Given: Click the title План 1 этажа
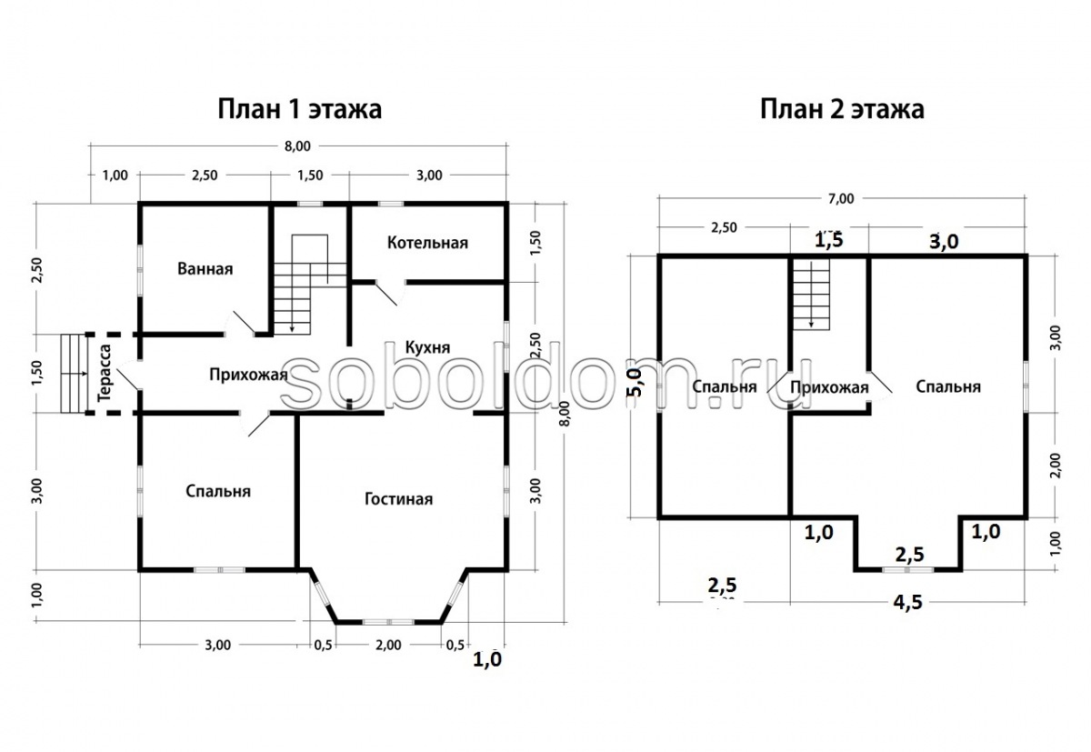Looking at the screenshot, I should [299, 109].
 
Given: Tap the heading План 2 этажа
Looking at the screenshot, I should [842, 109].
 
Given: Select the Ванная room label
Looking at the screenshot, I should [205, 269].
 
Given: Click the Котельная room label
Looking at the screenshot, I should [427, 243].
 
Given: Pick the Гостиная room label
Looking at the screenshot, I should [398, 499].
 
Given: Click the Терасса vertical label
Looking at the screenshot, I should [105, 374].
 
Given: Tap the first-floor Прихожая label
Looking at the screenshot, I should [248, 375].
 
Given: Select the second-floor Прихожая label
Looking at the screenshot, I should [828, 388].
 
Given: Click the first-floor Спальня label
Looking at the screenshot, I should [218, 491].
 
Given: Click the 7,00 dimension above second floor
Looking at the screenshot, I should [841, 198].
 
